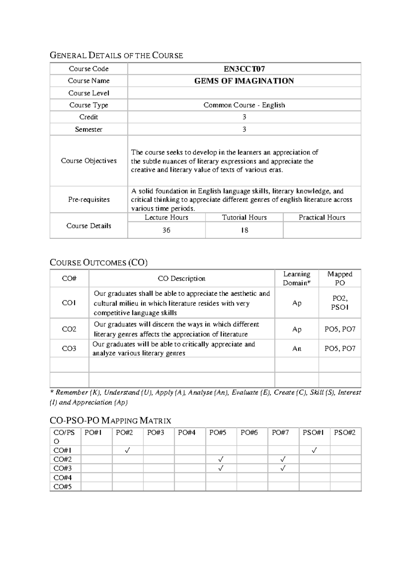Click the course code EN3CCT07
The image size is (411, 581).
(x=244, y=69)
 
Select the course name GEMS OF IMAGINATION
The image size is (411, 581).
(x=244, y=81)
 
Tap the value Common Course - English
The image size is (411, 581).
(x=244, y=105)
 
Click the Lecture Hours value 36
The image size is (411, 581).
(x=166, y=230)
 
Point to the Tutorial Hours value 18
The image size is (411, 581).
(x=244, y=230)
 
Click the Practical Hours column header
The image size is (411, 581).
(x=322, y=218)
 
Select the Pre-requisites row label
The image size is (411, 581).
(x=89, y=199)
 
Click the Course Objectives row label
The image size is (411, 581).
(x=89, y=161)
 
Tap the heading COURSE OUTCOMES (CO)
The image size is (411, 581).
(x=99, y=263)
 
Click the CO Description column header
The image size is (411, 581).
(x=182, y=279)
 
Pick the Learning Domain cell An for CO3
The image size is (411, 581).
(x=297, y=348)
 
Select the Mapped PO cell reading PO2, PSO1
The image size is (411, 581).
(x=339, y=303)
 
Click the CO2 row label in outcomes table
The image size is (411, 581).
(x=69, y=329)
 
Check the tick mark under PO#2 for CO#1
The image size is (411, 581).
(x=127, y=450)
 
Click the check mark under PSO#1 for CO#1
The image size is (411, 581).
(x=314, y=450)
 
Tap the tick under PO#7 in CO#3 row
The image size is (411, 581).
(x=283, y=468)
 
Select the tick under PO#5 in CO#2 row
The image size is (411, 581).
(x=221, y=459)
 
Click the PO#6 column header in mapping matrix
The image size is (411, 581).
(x=249, y=433)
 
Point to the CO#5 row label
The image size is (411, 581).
(x=63, y=486)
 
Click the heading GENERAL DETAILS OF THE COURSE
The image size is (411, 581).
(x=116, y=55)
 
